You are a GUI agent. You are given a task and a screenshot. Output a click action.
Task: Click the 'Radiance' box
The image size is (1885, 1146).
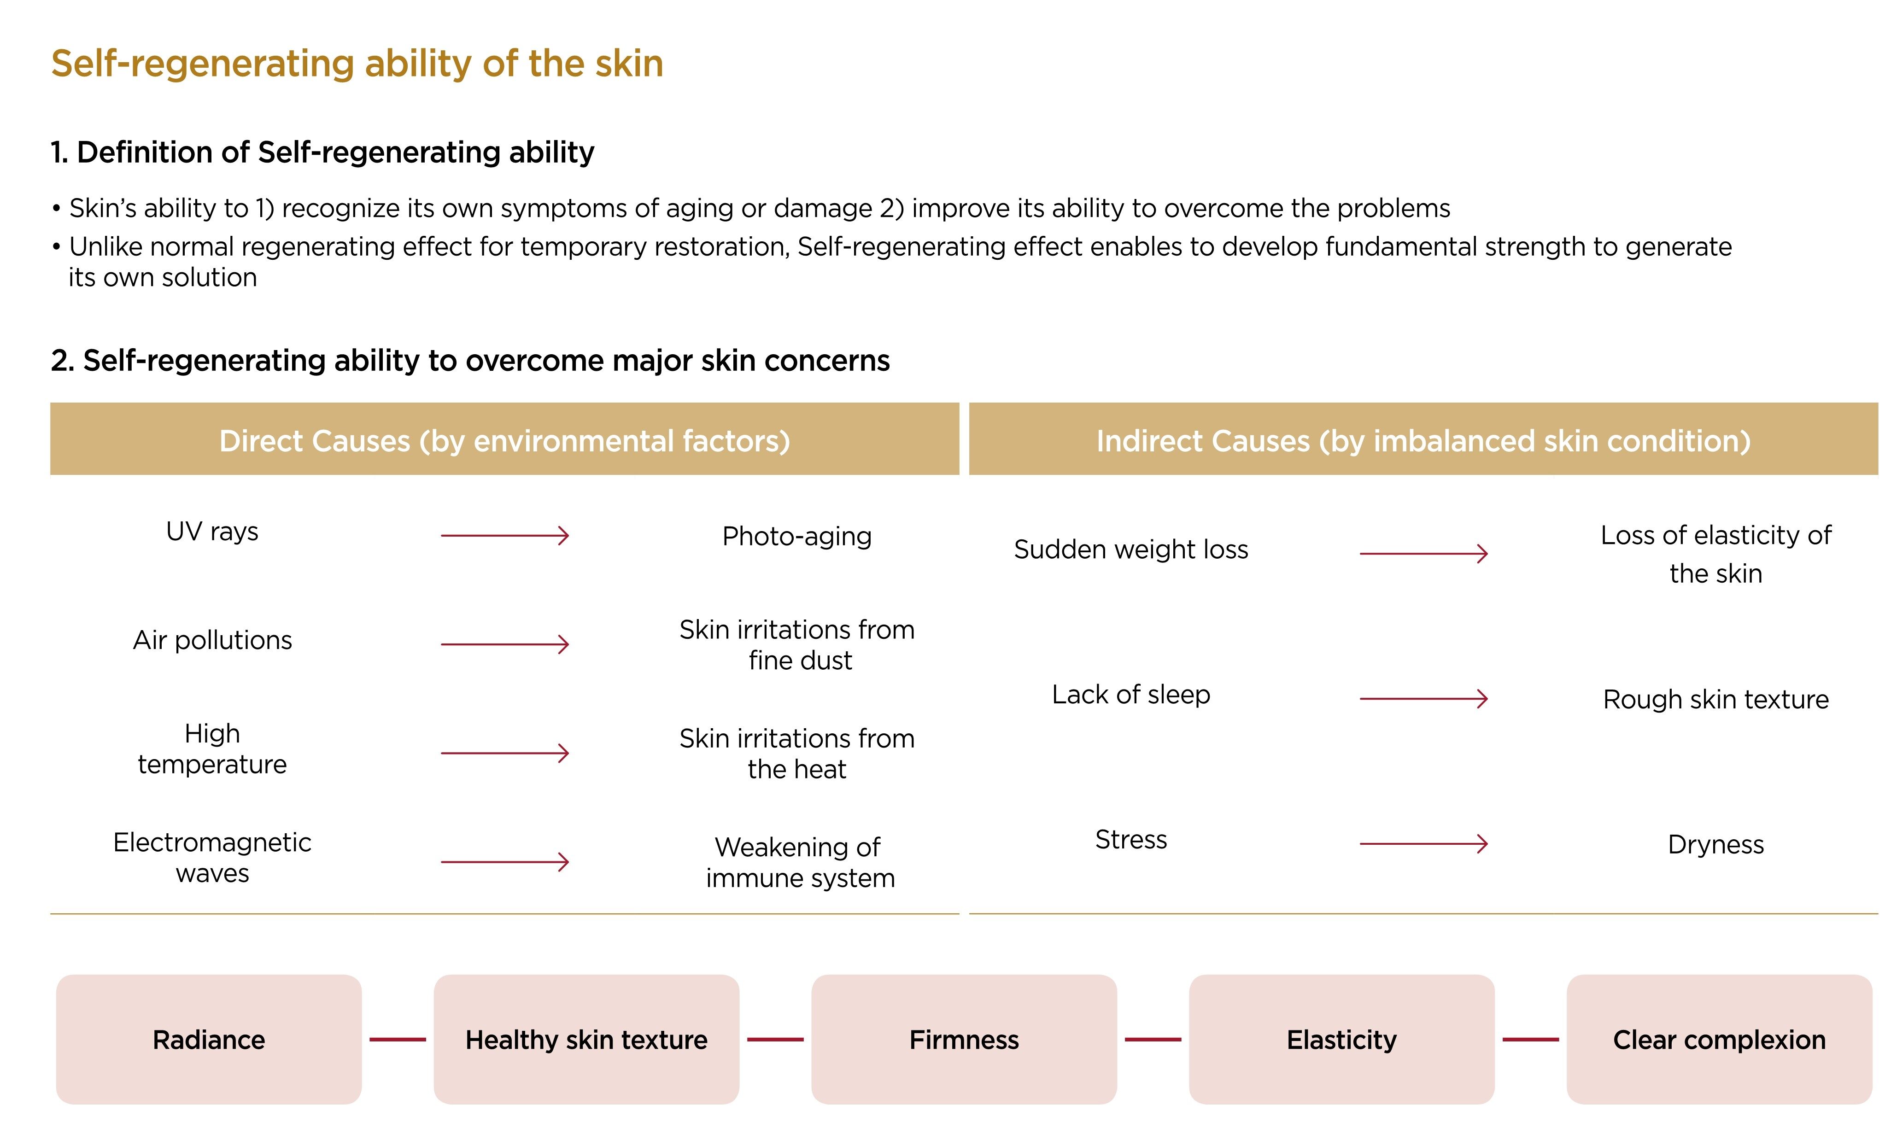coord(209,1039)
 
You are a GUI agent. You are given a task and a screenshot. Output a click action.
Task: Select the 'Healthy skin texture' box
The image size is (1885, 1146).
coord(587,1039)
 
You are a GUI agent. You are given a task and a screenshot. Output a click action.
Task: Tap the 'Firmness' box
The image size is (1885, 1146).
coord(964,1039)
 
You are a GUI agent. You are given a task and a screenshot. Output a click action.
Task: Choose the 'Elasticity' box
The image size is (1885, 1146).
coord(1342,1039)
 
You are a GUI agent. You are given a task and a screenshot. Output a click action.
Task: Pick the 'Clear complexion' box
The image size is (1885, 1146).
coord(1719,1039)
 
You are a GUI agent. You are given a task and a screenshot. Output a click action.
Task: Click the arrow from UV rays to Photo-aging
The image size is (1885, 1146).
coord(505,536)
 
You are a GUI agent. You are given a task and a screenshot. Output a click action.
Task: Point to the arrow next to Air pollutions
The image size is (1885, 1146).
coord(505,644)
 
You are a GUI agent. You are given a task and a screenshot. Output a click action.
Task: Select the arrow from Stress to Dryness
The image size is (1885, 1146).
coord(1424,844)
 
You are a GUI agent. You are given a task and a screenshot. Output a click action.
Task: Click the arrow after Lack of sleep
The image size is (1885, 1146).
coord(1424,698)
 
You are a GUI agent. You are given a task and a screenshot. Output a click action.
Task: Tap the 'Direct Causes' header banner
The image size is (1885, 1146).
coord(505,439)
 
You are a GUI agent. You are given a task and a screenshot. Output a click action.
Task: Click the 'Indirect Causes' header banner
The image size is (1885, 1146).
coord(1424,439)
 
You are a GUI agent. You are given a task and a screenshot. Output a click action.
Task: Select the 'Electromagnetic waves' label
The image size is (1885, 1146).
coord(213,858)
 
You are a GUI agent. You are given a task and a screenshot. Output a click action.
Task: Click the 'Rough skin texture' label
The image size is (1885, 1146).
coord(1716,699)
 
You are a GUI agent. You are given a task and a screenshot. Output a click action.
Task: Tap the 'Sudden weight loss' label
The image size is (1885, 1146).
coord(1131,550)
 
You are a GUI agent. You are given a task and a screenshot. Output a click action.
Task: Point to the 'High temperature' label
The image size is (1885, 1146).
coord(213,749)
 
